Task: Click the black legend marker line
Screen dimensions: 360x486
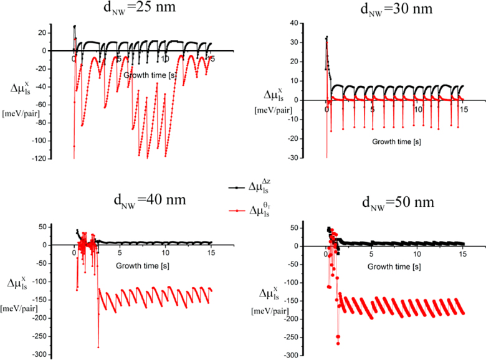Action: [236, 186]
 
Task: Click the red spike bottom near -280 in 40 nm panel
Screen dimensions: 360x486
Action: [98, 347]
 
